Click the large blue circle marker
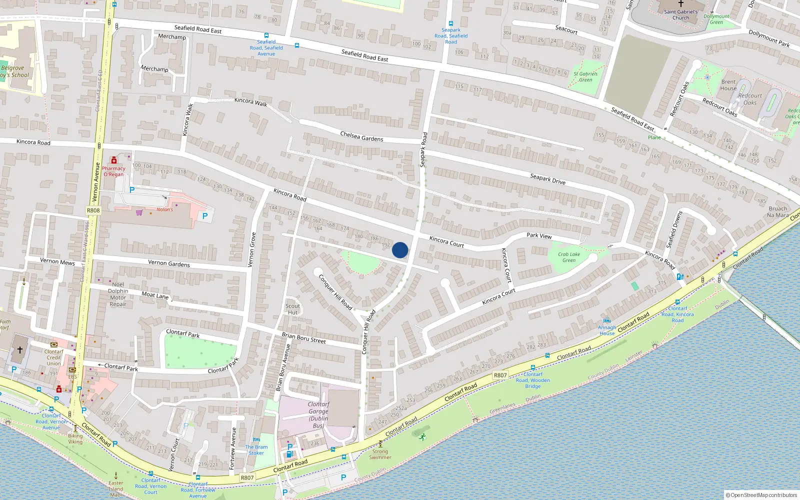(400, 250)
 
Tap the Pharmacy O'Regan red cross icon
(114, 160)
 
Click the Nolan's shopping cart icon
(139, 212)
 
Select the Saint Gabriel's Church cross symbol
(680, 3)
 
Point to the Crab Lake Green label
(569, 257)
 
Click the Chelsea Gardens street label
(361, 136)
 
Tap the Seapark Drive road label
(547, 179)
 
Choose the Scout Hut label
(293, 309)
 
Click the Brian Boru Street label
(303, 338)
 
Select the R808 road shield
(93, 210)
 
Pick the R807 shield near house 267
(500, 375)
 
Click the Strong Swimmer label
(380, 454)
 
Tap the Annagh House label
(607, 330)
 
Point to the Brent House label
(728, 85)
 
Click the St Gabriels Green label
(585, 76)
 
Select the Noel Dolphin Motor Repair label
(118, 294)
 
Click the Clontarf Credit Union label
(53, 357)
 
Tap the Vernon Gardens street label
(169, 263)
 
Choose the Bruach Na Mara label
(777, 211)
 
